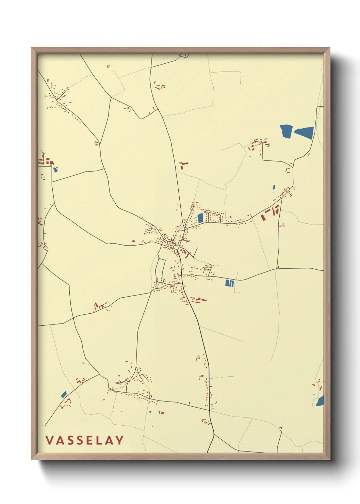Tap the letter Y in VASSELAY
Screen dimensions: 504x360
pos(119,440)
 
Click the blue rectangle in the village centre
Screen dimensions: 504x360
pos(200,218)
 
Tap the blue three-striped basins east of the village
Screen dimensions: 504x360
pos(230,283)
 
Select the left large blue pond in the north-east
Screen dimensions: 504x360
pos(286,131)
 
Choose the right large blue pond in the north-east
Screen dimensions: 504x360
pos(305,132)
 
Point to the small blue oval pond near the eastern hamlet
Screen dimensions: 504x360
pos(274,187)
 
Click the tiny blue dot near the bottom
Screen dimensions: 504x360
pos(150,412)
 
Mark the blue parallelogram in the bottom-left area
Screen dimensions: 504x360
pos(64,394)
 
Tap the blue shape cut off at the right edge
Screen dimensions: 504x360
pos(320,401)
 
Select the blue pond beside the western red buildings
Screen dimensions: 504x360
pos(55,169)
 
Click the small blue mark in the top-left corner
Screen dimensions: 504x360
pos(48,81)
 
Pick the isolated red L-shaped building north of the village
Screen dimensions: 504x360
pos(183,166)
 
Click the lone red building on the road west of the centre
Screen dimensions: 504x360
pos(133,241)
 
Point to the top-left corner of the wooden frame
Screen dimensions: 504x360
pos(32,48)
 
